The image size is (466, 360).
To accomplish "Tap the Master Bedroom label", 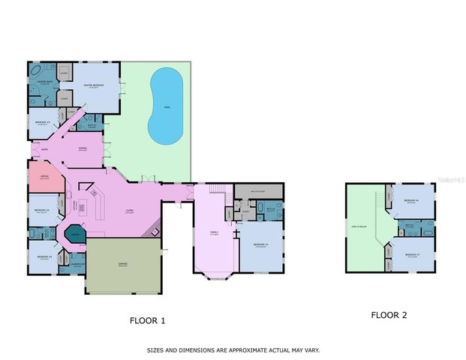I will (93, 87).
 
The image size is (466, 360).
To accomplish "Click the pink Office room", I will (39, 178).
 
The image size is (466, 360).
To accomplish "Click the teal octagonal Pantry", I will (75, 234).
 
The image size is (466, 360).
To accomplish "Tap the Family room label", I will (214, 233).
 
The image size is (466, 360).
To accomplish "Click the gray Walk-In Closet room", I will (258, 192).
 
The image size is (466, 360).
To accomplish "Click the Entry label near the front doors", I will (44, 151).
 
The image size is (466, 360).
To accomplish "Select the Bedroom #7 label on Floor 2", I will (410, 255).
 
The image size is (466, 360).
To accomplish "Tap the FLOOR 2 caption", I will (389, 315).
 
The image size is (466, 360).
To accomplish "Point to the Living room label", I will (129, 211).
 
